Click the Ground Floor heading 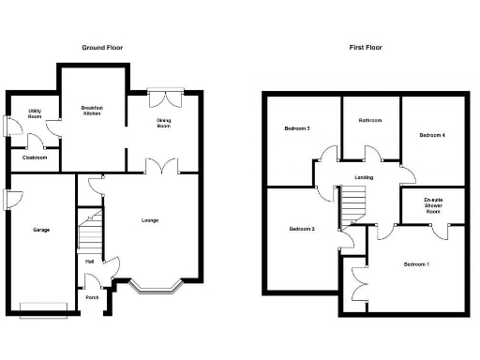click(x=102, y=47)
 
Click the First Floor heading click(x=367, y=47)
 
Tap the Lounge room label click(x=150, y=220)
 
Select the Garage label click(x=41, y=230)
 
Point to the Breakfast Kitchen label click(x=91, y=111)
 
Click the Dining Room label click(x=163, y=123)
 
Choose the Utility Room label click(x=34, y=114)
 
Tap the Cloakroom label click(x=34, y=157)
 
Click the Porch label click(x=91, y=298)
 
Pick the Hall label click(x=89, y=261)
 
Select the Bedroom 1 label click(x=416, y=264)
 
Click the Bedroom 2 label click(x=301, y=229)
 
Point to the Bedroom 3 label click(x=298, y=128)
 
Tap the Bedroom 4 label click(x=431, y=135)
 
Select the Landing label click(x=365, y=176)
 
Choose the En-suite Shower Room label click(x=432, y=205)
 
